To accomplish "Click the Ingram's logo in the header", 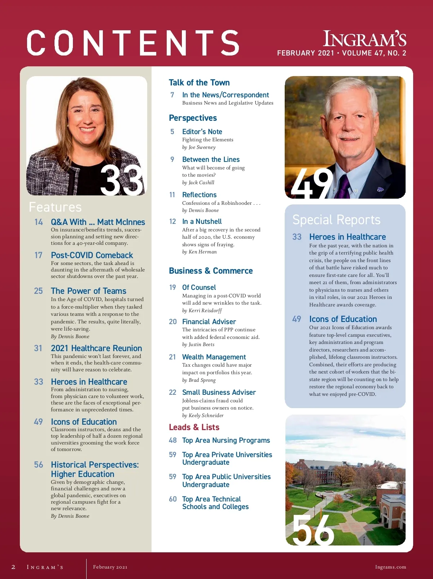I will coord(364,39).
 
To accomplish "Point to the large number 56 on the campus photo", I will coord(313,530).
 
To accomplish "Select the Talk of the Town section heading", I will coord(199,83).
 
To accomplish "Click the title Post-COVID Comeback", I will coord(92,255).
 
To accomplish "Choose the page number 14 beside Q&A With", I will coord(39,222).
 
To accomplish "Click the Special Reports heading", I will coord(336,220).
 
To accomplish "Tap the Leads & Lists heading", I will coord(194,427).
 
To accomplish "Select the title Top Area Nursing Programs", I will coord(226,440).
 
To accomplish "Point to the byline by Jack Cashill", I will coord(198,183).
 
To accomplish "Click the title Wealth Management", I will coord(214,357).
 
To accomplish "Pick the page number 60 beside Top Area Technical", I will coord(173,499).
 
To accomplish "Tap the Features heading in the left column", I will coord(55,207).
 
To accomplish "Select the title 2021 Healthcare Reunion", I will coord(96,348).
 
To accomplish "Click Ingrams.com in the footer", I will coord(390,567).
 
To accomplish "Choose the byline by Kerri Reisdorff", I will coord(202,310).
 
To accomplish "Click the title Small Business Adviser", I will coord(219,392).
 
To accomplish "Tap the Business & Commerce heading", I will coord(211,271).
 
